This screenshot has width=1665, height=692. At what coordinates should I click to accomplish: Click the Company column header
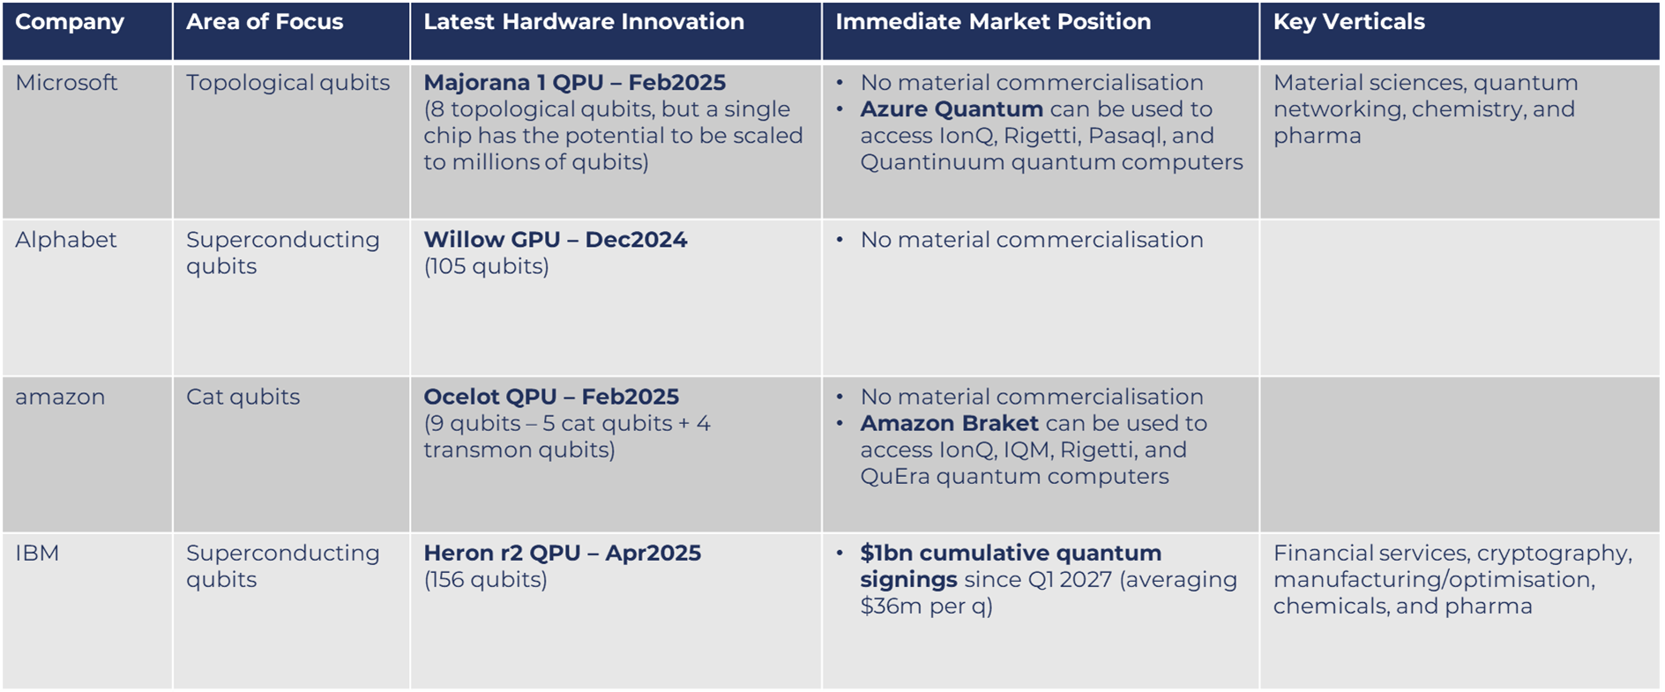click(70, 23)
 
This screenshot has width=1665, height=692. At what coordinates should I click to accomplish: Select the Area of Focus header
click(265, 22)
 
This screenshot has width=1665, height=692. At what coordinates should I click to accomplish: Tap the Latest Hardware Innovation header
click(584, 22)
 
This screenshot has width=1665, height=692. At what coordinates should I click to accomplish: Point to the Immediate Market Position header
click(993, 22)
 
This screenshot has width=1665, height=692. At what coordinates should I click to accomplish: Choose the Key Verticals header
click(1348, 22)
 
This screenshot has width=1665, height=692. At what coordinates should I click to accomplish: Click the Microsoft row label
click(66, 83)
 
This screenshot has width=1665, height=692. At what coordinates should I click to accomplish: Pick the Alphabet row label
click(65, 240)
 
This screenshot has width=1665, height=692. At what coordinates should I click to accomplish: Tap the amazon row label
click(60, 398)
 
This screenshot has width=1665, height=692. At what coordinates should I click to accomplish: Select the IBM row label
click(37, 554)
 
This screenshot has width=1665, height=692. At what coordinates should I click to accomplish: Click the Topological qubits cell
click(287, 84)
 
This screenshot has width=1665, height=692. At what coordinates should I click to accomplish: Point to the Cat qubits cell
click(243, 398)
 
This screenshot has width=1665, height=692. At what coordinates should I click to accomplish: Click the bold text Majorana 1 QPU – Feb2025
click(574, 83)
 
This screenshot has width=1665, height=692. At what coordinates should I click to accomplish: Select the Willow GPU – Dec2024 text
click(555, 240)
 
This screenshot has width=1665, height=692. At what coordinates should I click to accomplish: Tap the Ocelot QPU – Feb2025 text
click(551, 398)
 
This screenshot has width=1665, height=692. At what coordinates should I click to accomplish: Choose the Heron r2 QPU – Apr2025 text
click(562, 554)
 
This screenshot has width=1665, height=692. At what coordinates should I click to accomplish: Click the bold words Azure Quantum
click(952, 109)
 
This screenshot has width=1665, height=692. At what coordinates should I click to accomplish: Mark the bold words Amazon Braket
click(950, 424)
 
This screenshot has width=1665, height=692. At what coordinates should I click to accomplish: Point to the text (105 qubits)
click(486, 267)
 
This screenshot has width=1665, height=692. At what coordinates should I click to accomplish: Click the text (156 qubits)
click(485, 580)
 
